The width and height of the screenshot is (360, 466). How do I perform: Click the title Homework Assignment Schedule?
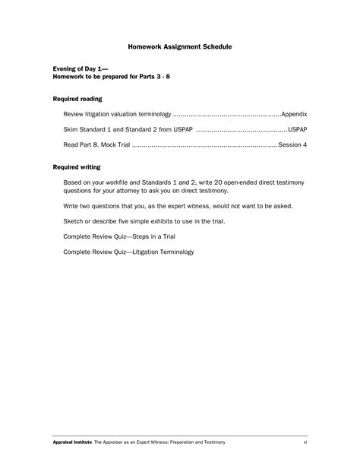tap(180, 47)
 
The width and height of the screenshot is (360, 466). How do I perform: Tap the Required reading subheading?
tap(77, 99)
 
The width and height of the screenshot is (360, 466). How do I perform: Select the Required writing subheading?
tap(77, 166)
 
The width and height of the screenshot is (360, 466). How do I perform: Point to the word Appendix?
tap(294, 113)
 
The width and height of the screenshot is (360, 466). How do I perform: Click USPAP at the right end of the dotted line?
tap(297, 128)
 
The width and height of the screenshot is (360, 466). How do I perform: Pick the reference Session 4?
tap(292, 144)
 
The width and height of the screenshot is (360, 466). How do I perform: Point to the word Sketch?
tap(74, 221)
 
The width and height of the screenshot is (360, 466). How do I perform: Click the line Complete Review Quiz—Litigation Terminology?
tap(128, 252)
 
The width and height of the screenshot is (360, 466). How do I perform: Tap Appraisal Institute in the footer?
tap(72, 442)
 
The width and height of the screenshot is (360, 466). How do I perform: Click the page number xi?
tap(305, 442)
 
